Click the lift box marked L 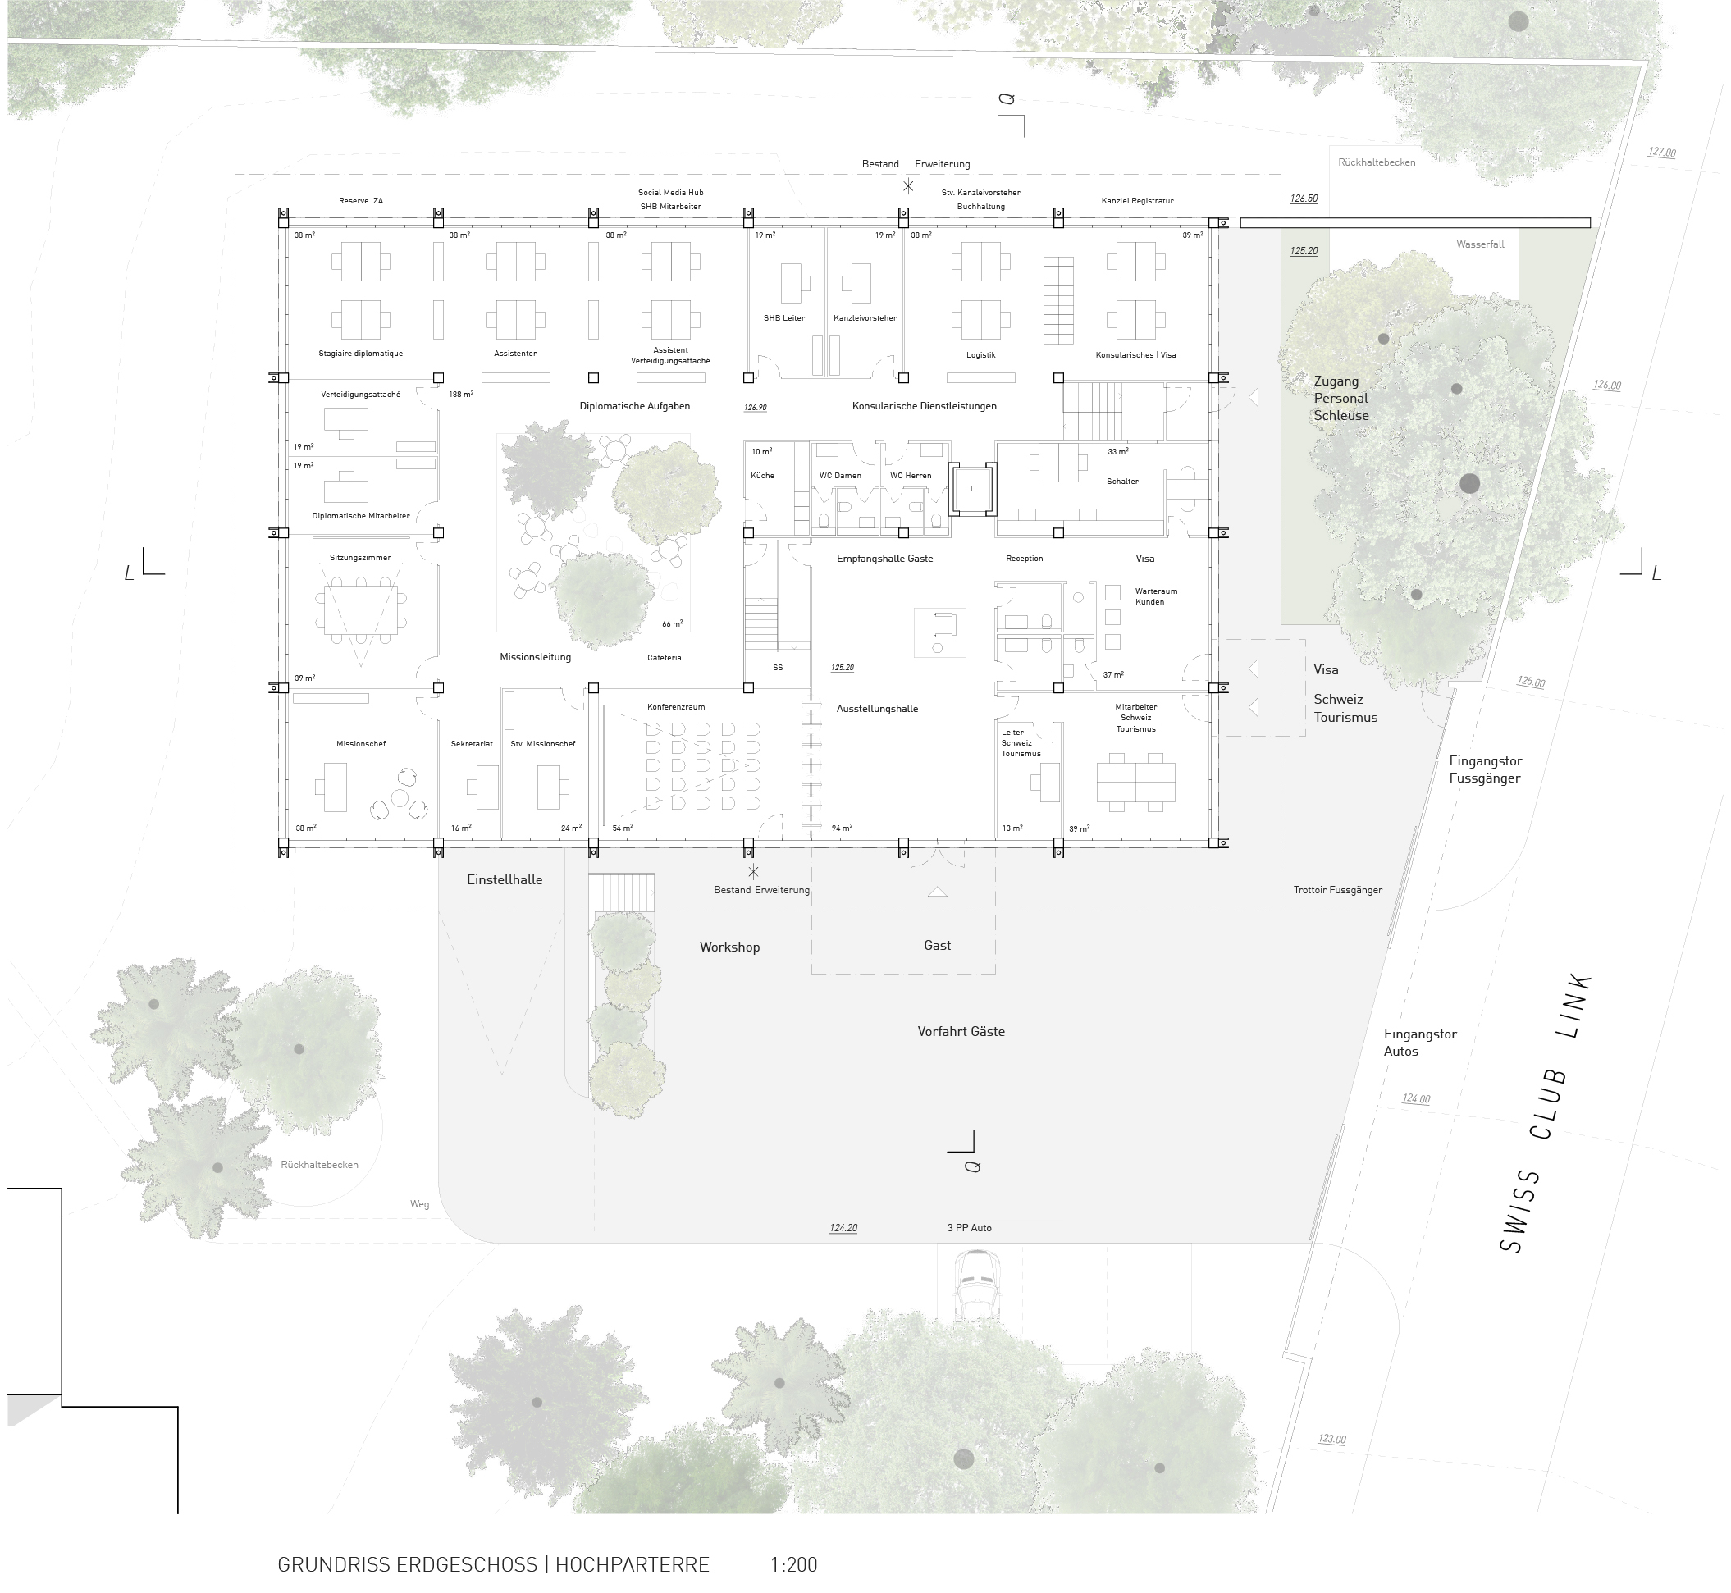coord(972,489)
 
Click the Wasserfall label coord(1480,244)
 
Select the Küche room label coord(762,476)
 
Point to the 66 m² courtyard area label coord(672,624)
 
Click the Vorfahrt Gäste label coord(961,1031)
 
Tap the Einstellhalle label coord(505,880)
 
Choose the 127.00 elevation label coord(1661,153)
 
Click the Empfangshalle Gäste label coord(884,559)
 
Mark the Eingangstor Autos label coord(1420,1042)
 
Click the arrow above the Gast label coord(937,892)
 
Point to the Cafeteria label coord(664,658)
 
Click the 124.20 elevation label coord(843,1228)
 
